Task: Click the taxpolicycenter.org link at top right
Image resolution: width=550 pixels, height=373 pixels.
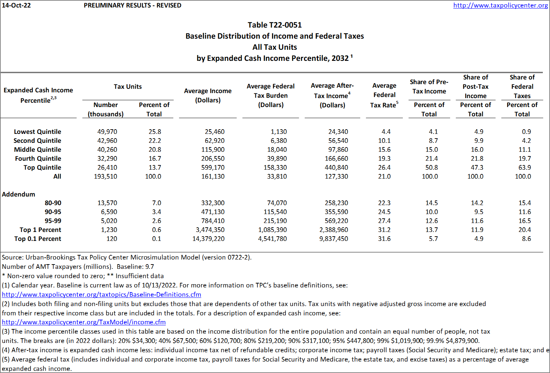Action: [x=500, y=5]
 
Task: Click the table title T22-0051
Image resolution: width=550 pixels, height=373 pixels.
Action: [x=275, y=25]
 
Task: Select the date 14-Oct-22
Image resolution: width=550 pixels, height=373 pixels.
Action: [x=16, y=5]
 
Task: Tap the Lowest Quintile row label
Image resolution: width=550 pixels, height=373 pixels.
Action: [x=38, y=132]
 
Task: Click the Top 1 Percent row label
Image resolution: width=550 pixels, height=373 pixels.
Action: [x=40, y=230]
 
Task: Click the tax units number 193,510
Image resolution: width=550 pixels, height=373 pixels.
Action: [x=105, y=176]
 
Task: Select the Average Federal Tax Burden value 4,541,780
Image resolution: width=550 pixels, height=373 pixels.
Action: [x=272, y=239]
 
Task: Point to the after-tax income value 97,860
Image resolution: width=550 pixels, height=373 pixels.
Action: [x=336, y=150]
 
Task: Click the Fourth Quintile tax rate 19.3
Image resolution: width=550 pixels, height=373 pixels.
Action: [x=384, y=159]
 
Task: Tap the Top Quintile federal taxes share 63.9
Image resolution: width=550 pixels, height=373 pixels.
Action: [x=525, y=168]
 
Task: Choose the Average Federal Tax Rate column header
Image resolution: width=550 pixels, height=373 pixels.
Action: [x=384, y=95]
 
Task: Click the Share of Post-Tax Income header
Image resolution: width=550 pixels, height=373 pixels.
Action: [x=476, y=87]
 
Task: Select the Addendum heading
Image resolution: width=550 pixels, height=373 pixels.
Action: [x=19, y=194]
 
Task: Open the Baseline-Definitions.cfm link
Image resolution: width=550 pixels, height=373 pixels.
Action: [x=101, y=295]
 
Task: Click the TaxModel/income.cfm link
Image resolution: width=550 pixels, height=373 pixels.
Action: [x=84, y=322]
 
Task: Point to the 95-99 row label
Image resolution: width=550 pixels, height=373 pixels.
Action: [x=53, y=221]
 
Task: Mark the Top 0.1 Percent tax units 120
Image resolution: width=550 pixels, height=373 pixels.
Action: [x=112, y=239]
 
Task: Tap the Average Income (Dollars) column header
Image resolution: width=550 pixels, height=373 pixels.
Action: [x=208, y=95]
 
